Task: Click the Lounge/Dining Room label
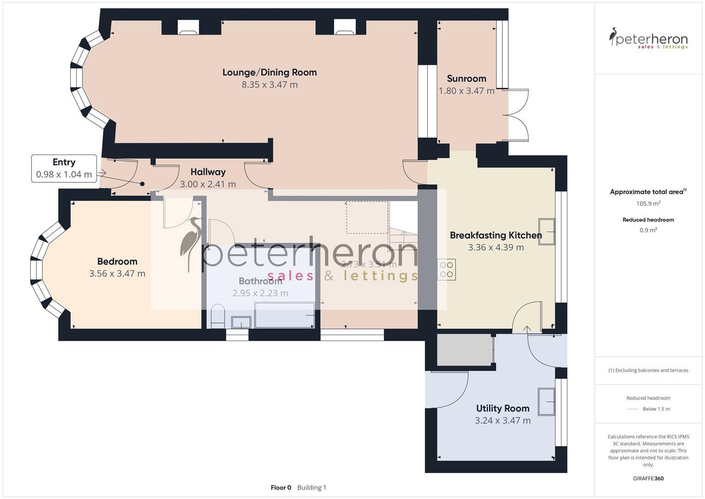point(269,73)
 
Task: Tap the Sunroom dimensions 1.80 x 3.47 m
point(466,91)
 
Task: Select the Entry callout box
point(64,168)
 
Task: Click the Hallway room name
point(208,172)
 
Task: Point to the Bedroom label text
point(117,262)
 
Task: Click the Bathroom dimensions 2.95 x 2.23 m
point(260,293)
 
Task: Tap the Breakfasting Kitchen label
point(495,235)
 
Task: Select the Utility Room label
point(502,408)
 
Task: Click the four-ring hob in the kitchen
point(446,270)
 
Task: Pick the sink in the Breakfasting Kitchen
point(546,231)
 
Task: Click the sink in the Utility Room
point(546,402)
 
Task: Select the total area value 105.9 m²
point(648,204)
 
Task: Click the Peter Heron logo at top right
point(648,39)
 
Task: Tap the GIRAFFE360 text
point(648,479)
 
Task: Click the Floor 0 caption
point(281,487)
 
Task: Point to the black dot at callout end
point(142,184)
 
